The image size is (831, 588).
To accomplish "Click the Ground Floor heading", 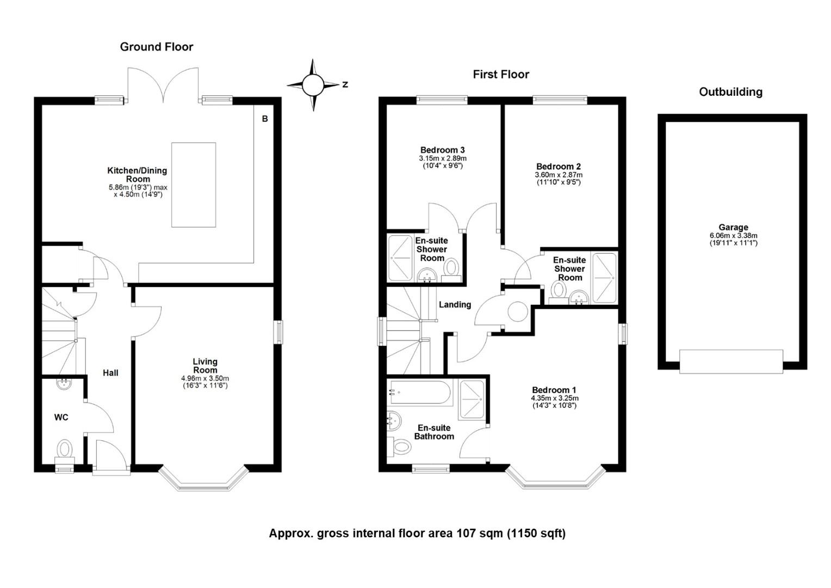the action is coord(157,47).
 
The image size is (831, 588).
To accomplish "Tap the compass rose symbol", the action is coord(313,85).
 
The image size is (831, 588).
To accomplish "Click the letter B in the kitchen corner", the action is coord(265,119).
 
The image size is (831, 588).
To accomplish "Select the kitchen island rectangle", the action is coord(193,185).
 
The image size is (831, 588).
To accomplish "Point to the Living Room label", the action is coord(205,365).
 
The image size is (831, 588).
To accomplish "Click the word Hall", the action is coord(110,373).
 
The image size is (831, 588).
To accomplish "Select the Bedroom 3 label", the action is coord(442,150).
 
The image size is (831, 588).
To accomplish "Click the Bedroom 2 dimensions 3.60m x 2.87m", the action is coord(559,175).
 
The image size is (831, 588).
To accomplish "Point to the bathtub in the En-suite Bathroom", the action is coord(420,392).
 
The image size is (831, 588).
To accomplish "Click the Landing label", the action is coord(455,304).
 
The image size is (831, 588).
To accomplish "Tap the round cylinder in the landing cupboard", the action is coord(518,311).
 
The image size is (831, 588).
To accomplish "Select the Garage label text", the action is coord(733,228).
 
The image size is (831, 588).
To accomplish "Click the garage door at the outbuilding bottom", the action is coord(731,362).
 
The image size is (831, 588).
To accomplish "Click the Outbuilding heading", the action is coord(730,92).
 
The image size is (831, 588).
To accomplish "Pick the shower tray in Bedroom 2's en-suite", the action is coord(604,278).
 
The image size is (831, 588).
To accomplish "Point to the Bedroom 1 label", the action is coord(554,390).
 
